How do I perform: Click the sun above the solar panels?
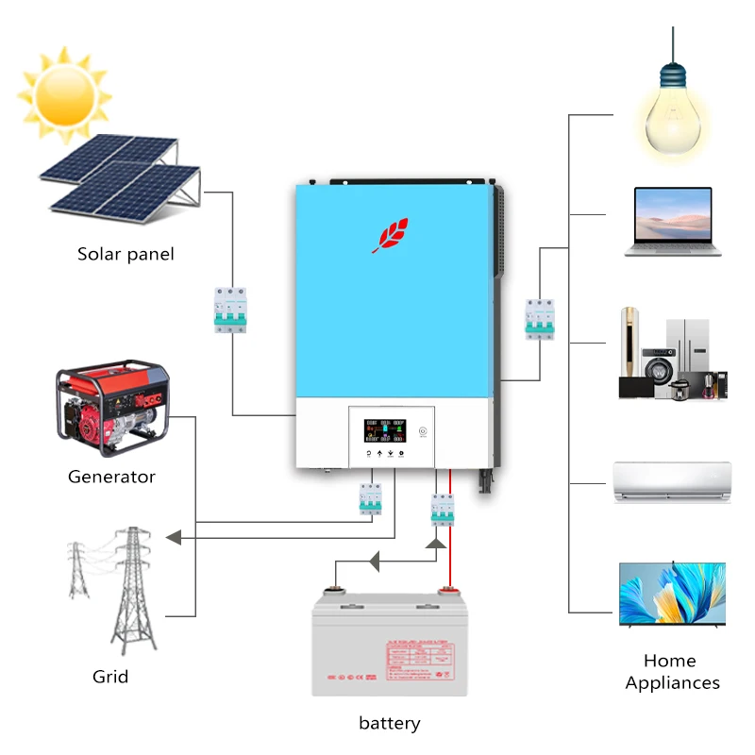[63, 92]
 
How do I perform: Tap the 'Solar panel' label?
[126, 255]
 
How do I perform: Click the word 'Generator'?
[111, 477]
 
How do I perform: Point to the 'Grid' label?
[110, 677]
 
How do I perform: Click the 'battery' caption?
[389, 724]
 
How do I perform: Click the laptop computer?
[673, 222]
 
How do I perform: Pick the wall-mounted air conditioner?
[672, 481]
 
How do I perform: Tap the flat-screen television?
[672, 595]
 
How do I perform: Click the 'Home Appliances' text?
[672, 672]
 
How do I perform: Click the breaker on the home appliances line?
[539, 318]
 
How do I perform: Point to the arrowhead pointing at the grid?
[173, 537]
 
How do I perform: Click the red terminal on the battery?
[448, 592]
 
